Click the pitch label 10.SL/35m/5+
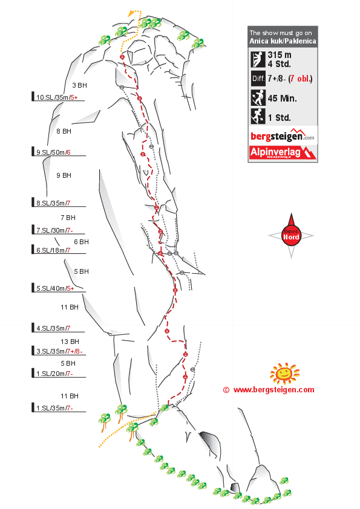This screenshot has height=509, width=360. [x=57, y=97]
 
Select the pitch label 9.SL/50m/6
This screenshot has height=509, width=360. [x=53, y=152]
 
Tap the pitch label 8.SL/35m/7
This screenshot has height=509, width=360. [x=53, y=203]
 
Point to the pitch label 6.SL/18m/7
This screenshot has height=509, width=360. [x=53, y=250]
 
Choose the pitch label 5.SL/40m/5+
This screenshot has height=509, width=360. [x=55, y=288]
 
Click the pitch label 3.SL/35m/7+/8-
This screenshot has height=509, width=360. [x=59, y=351]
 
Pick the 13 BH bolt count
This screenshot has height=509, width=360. [x=70, y=342]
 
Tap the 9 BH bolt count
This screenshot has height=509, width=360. [x=64, y=175]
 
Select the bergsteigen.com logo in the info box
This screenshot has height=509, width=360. [x=283, y=135]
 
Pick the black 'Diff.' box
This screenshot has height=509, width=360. [x=257, y=79]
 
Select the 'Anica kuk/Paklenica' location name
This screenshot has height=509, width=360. [x=282, y=42]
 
